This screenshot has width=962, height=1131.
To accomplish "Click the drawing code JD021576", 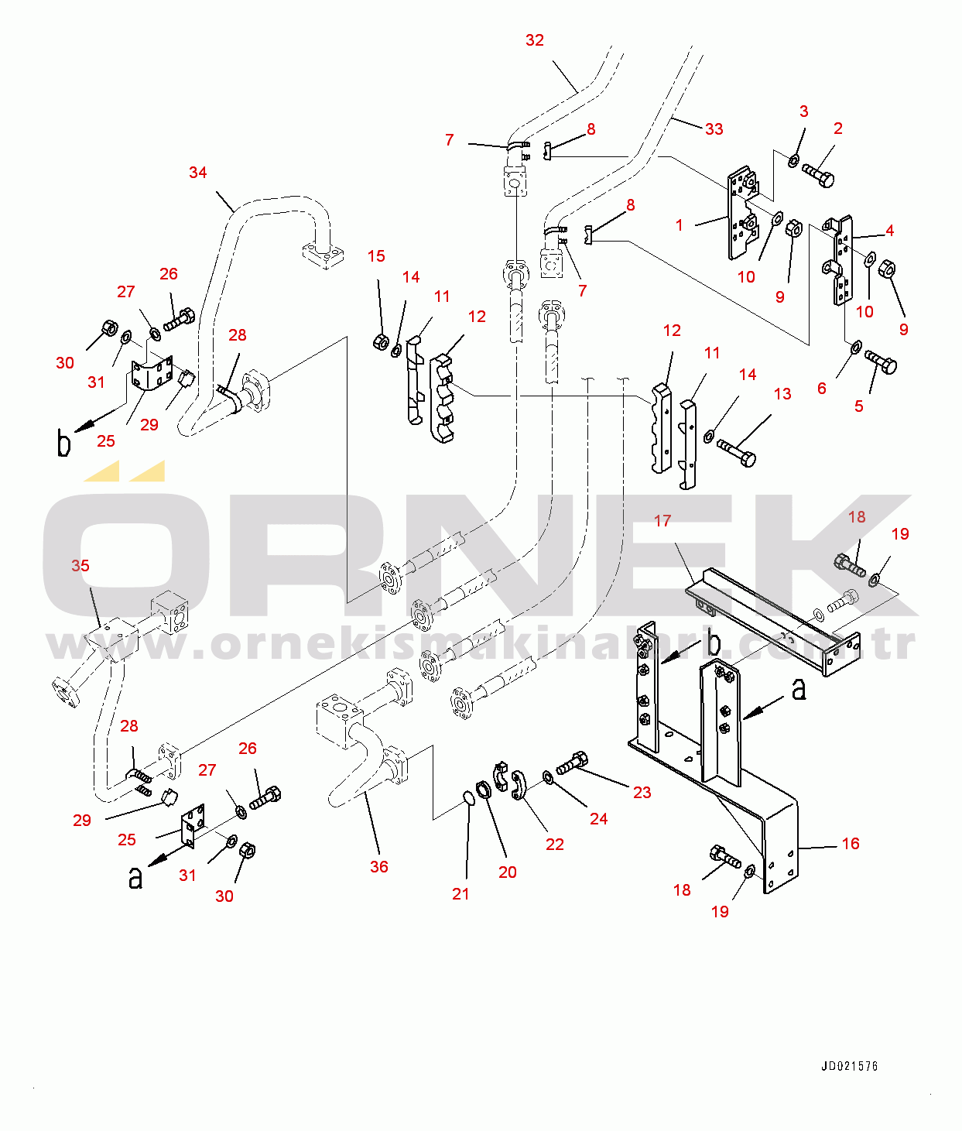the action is (849, 1067).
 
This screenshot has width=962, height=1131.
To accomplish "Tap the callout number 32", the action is (534, 40).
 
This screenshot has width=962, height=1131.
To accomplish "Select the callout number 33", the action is (714, 129).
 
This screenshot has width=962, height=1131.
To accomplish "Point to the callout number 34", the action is (197, 173).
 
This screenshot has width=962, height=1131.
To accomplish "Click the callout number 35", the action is (80, 565).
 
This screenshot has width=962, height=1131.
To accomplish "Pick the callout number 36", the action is (379, 867).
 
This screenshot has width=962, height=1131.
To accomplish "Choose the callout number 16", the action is (851, 844).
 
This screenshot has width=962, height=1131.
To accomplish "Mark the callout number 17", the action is (662, 521).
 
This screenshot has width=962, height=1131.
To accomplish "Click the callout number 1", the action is (679, 225).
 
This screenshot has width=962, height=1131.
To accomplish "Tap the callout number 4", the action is (890, 231).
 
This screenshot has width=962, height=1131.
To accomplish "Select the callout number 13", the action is (782, 394).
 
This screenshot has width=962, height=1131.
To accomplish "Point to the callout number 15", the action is (375, 256).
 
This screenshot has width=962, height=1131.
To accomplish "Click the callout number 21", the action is (460, 894).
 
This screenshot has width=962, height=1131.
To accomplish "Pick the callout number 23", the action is (642, 793).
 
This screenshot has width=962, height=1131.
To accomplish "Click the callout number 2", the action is (838, 129).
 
